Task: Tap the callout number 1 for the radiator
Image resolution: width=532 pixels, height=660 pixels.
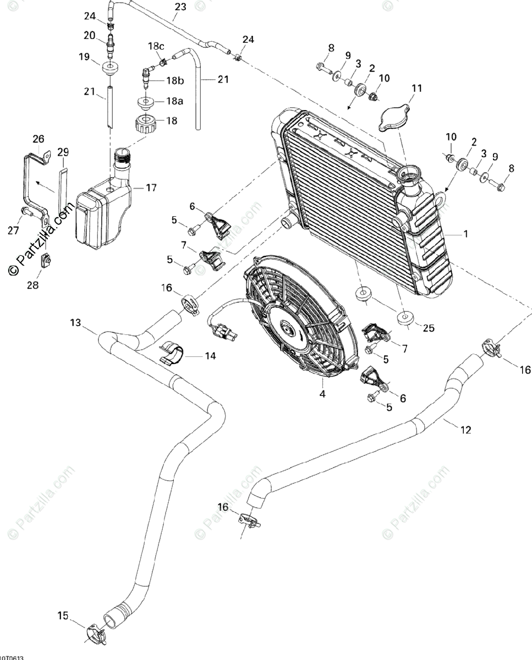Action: click(x=465, y=234)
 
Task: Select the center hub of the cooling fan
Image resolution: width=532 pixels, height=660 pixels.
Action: click(x=287, y=329)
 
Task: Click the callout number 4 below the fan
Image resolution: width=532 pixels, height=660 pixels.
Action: click(x=323, y=394)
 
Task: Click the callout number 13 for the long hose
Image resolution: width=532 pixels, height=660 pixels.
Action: click(x=75, y=322)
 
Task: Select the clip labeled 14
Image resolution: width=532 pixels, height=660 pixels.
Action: click(x=172, y=354)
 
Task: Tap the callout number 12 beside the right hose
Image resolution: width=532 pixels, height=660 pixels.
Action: click(x=465, y=430)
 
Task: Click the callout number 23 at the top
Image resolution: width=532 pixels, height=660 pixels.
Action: click(x=180, y=7)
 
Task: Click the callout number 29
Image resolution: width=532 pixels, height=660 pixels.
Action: click(x=63, y=152)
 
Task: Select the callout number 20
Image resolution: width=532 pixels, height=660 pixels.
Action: click(x=90, y=36)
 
